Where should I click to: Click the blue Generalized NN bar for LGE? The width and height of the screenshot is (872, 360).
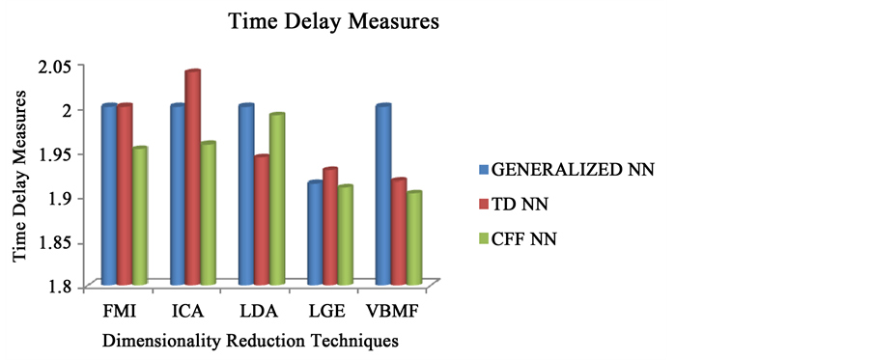[315, 233]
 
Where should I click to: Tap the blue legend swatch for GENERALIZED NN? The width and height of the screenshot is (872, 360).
[484, 170]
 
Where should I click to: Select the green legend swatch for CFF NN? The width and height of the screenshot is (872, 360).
[484, 237]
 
